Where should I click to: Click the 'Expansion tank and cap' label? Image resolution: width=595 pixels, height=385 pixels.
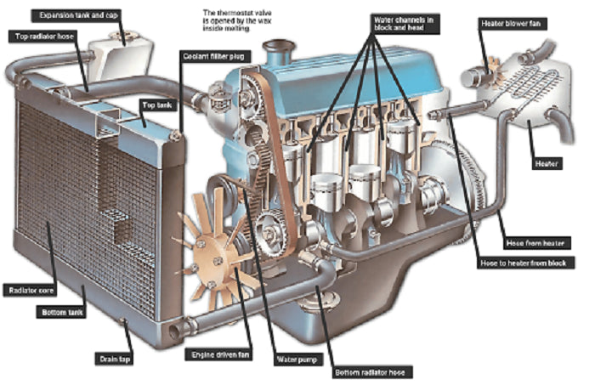pos(73,15)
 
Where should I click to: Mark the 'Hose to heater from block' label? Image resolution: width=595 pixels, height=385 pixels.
pos(532,263)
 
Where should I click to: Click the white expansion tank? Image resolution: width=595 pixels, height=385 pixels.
pos(120,55)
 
